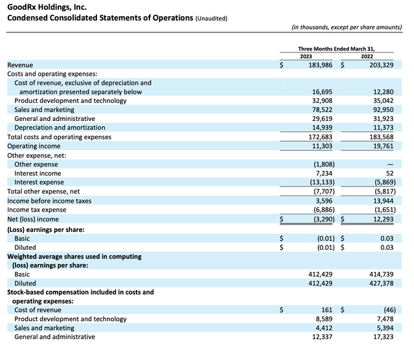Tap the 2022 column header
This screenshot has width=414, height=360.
point(367,56)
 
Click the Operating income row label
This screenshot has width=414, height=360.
point(34,146)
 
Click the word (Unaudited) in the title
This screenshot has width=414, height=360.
point(212,18)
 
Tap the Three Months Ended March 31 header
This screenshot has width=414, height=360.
point(336,49)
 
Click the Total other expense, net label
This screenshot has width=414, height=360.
point(43,192)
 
